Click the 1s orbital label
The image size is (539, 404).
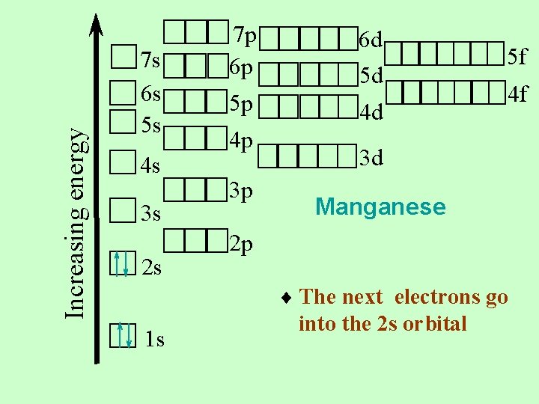tap(155, 340)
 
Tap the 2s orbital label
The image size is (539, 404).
tap(152, 267)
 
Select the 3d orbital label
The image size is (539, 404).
tap(371, 159)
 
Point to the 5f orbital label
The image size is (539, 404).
tap(517, 55)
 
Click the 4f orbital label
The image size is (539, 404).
tap(517, 95)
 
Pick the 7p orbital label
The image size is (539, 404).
tap(245, 35)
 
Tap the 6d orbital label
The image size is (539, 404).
tap(371, 38)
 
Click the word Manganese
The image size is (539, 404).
tap(380, 206)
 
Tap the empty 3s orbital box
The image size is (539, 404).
tap(121, 211)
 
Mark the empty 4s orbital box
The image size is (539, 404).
tap(121, 162)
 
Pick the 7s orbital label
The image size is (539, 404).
tap(151, 59)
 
